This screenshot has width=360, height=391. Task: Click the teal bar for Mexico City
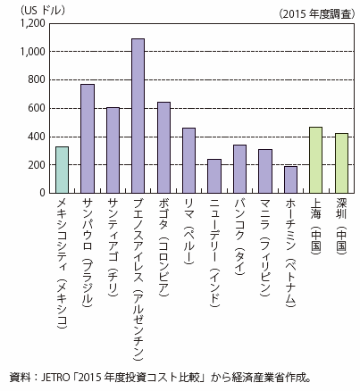63,170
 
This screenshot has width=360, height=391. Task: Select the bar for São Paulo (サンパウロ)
88,138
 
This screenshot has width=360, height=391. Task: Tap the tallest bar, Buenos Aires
138,116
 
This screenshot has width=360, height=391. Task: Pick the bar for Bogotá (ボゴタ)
163,147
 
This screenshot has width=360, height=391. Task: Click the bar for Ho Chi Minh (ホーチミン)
290,179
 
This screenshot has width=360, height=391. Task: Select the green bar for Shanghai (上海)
316,160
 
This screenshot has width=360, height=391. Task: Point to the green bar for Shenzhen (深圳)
341,163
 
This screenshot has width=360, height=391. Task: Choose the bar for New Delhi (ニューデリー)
214,176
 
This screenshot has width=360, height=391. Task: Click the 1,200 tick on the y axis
32,23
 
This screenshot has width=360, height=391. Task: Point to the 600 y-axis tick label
37,108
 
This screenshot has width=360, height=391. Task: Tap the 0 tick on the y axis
42,193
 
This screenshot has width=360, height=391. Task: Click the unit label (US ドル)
42,11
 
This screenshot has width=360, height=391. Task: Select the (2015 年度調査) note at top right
317,14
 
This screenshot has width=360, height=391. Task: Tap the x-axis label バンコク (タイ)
240,237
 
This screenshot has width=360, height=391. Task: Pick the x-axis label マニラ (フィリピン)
265,247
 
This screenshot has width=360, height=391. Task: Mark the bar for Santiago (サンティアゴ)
113,150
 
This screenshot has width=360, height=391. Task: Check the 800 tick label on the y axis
37,79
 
